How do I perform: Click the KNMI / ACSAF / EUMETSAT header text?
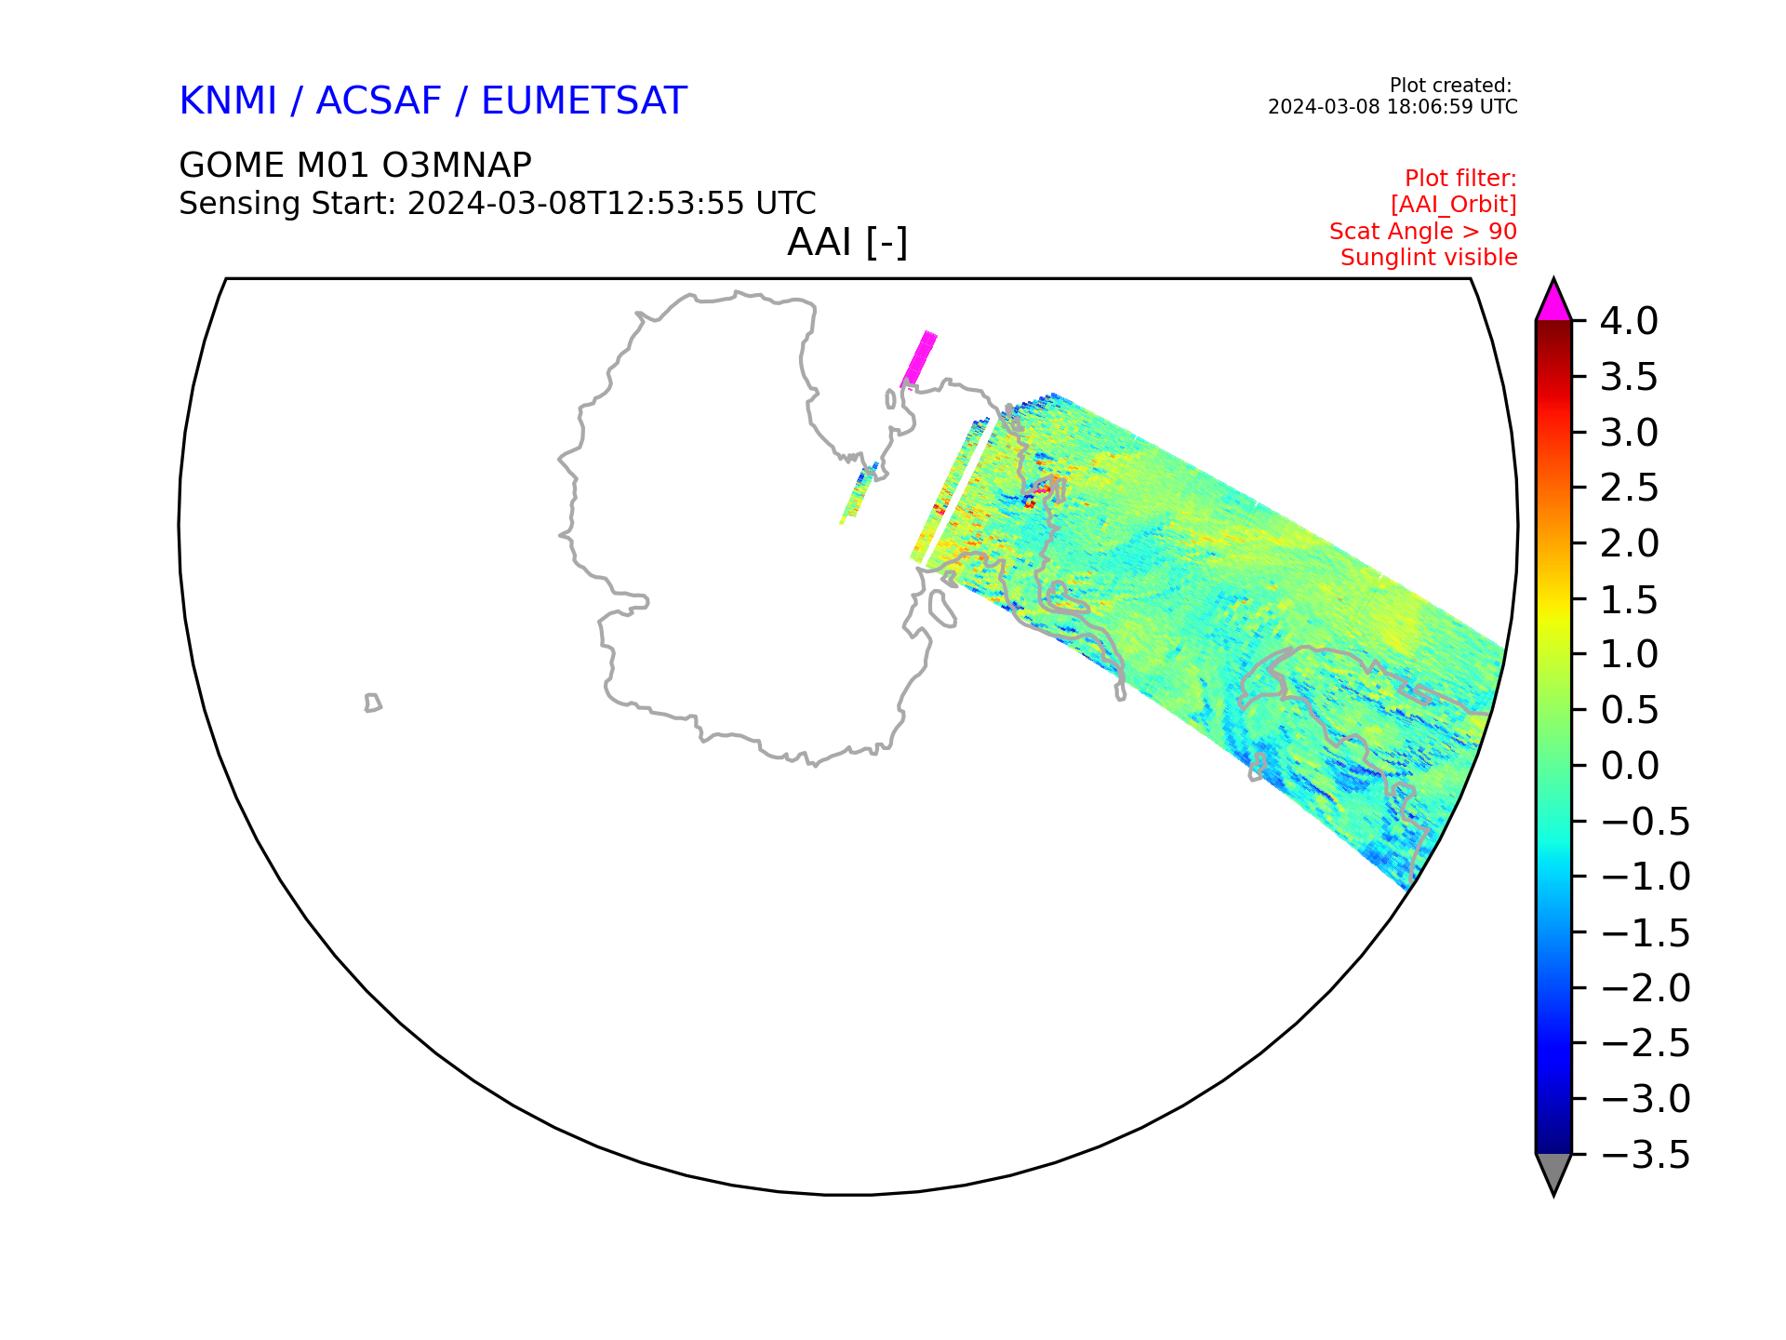point(433,100)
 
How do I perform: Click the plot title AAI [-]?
point(847,243)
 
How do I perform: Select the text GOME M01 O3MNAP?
point(355,166)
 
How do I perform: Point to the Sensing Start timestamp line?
point(498,203)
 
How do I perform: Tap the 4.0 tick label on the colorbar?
point(1629,321)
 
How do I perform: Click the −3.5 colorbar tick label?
point(1645,1155)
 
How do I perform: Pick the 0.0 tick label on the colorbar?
point(1629,766)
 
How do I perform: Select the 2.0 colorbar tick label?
point(1629,543)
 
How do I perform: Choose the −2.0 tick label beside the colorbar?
point(1645,988)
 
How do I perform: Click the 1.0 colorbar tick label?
point(1629,654)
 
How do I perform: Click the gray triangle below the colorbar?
point(1553,1172)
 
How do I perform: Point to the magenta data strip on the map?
point(919,358)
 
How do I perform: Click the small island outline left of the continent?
point(373,703)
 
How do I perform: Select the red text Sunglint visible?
point(1429,258)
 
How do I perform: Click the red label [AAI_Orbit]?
point(1454,205)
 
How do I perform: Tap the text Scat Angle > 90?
point(1423,231)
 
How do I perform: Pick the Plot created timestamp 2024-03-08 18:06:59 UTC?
point(1393,107)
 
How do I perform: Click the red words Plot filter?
point(1460,178)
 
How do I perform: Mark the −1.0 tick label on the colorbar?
point(1645,877)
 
